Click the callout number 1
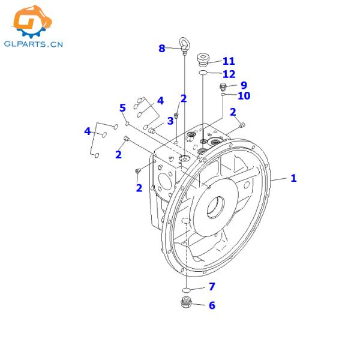point(293,178)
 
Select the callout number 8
point(162,49)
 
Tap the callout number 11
point(229,61)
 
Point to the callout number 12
point(229,74)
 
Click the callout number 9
point(244,85)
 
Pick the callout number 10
point(244,96)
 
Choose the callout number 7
point(212,286)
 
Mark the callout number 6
point(212,305)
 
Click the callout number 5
point(122,108)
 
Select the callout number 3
point(170,121)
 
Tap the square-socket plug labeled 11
point(203,60)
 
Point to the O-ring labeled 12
point(203,73)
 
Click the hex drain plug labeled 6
point(186,302)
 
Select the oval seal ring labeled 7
point(186,290)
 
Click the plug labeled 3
point(152,131)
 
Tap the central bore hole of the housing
point(215,208)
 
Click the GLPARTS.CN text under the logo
point(34,44)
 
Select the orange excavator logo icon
point(32,21)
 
